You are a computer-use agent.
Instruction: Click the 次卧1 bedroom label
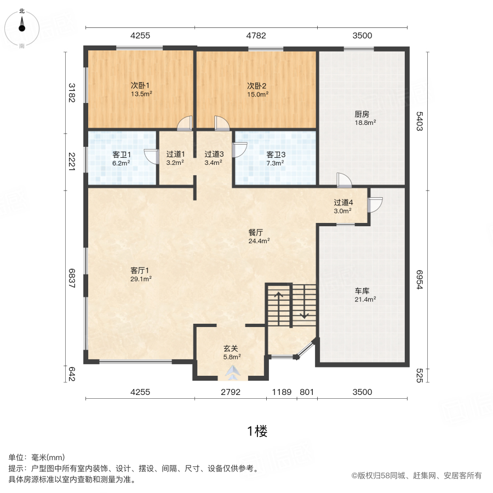[140, 85]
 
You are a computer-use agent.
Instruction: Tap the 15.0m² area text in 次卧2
[258, 94]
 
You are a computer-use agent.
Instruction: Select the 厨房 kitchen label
[362, 114]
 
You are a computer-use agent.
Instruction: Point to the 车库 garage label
[362, 291]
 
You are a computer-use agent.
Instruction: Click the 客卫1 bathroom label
[122, 154]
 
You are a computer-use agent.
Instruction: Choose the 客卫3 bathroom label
[276, 154]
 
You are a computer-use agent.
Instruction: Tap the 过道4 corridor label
[343, 203]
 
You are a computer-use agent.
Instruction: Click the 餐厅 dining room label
[256, 232]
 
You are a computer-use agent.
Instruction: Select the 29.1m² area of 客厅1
[141, 279]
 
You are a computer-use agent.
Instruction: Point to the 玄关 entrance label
[231, 348]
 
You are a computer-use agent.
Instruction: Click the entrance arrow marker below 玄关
[233, 372]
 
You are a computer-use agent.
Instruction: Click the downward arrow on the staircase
[305, 301]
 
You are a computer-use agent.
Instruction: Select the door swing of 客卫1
[152, 156]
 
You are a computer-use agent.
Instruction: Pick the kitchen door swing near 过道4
[344, 180]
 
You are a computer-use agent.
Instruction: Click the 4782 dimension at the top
[256, 36]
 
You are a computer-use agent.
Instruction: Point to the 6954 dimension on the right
[420, 279]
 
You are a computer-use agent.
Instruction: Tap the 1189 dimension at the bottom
[282, 392]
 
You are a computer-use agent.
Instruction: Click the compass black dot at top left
[22, 28]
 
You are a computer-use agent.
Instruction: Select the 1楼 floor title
[257, 431]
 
